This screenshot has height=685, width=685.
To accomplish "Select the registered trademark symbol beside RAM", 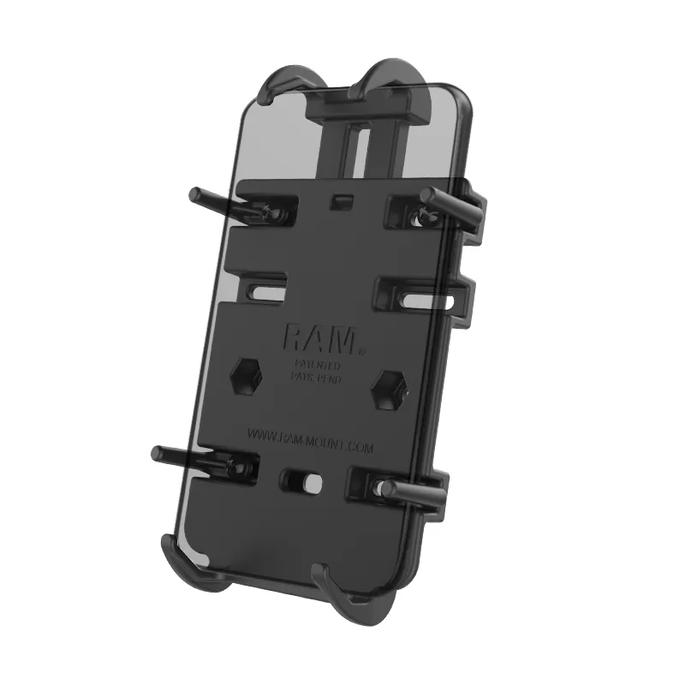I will [x=361, y=350].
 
